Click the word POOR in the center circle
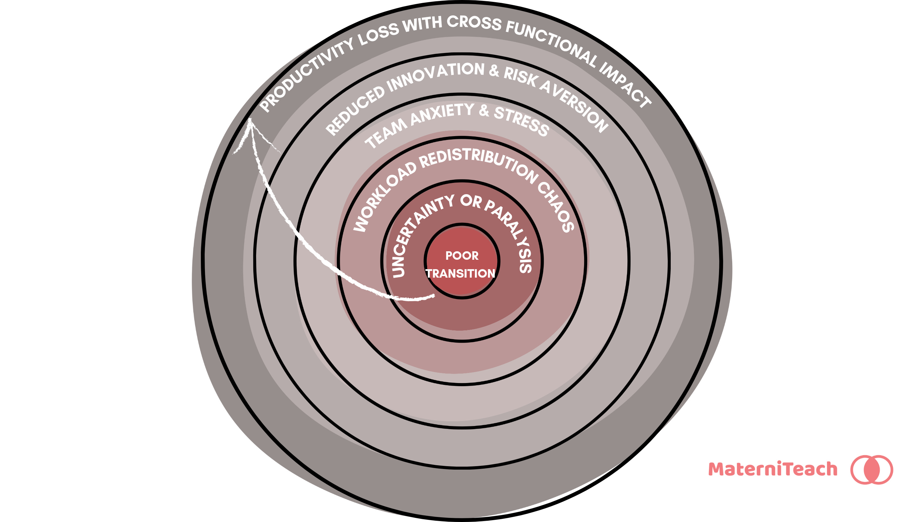tap(462, 256)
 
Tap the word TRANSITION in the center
tap(460, 274)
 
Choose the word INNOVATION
tap(436, 75)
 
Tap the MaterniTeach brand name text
tap(773, 469)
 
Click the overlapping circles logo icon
tap(872, 470)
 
